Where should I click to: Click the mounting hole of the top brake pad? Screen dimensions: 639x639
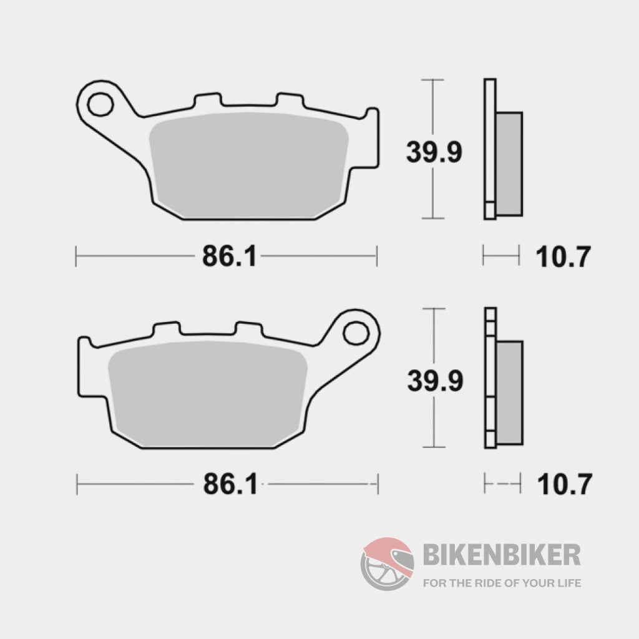point(100,104)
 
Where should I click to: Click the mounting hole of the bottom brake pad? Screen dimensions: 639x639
point(354,333)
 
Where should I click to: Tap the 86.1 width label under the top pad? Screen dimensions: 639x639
point(229,256)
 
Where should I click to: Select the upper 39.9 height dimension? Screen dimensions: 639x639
point(434,152)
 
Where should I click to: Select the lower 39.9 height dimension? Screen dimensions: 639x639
point(435,380)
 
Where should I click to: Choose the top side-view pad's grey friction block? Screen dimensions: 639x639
point(509,163)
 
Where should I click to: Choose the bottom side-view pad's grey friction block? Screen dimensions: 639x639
point(510,393)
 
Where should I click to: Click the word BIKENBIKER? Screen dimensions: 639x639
point(502,554)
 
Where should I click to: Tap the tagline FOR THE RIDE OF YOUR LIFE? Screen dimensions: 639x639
point(502,583)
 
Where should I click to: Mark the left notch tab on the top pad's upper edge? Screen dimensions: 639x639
point(207,100)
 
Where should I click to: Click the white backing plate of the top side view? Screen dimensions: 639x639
point(490,150)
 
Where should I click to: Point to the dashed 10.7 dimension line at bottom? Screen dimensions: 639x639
point(502,484)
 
